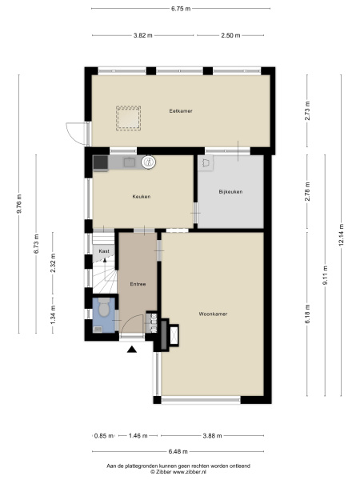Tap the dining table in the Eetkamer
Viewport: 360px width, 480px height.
click(x=129, y=118)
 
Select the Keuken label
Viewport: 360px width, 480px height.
click(x=141, y=197)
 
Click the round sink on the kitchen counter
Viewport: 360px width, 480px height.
click(x=148, y=163)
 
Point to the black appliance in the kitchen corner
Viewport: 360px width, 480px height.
click(x=101, y=163)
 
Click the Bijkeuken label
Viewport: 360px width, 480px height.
click(x=230, y=192)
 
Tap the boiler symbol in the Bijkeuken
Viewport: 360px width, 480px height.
click(x=209, y=162)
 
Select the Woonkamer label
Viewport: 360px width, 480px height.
click(x=214, y=314)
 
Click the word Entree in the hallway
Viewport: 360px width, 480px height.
click(x=137, y=284)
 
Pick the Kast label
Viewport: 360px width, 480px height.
click(x=104, y=251)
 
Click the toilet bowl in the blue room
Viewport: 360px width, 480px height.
click(x=103, y=308)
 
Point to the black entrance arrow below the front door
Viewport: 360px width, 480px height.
click(x=133, y=348)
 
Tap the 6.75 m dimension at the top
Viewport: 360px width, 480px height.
click(x=181, y=8)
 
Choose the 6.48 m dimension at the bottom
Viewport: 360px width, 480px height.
click(x=179, y=450)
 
